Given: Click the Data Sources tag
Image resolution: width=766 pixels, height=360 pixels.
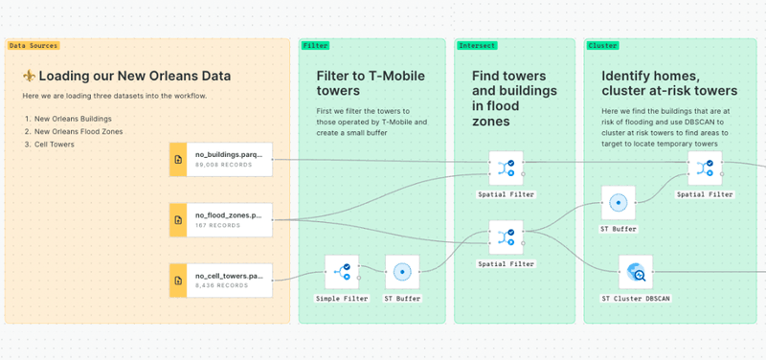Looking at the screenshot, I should pyautogui.click(x=34, y=45).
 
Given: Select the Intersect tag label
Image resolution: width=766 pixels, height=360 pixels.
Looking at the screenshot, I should pyautogui.click(x=477, y=45).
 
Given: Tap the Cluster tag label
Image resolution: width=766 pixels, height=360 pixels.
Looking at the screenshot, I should pyautogui.click(x=602, y=45).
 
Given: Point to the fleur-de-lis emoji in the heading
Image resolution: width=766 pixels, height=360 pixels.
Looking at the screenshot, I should pyautogui.click(x=29, y=77).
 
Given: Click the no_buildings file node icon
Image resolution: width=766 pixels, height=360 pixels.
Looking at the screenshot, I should pyautogui.click(x=177, y=159).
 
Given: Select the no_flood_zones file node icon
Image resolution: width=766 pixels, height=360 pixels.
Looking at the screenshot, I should pyautogui.click(x=177, y=219).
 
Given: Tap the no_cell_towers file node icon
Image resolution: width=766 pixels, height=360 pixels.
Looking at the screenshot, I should pyautogui.click(x=177, y=280).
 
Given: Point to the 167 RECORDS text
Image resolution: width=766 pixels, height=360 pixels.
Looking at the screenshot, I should pyautogui.click(x=216, y=226).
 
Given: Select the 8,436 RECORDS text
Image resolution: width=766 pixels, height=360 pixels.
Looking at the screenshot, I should pyautogui.click(x=217, y=286).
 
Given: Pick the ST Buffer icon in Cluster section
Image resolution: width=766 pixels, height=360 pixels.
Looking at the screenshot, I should pyautogui.click(x=618, y=203).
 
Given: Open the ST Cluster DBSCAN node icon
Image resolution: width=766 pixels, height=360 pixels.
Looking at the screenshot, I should pyautogui.click(x=636, y=273).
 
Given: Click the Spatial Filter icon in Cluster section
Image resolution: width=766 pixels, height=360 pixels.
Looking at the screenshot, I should pyautogui.click(x=705, y=169).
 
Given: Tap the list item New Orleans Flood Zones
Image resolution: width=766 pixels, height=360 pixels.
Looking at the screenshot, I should pyautogui.click(x=79, y=132).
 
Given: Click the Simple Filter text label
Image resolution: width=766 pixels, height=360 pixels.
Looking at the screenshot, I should pyautogui.click(x=342, y=299).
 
